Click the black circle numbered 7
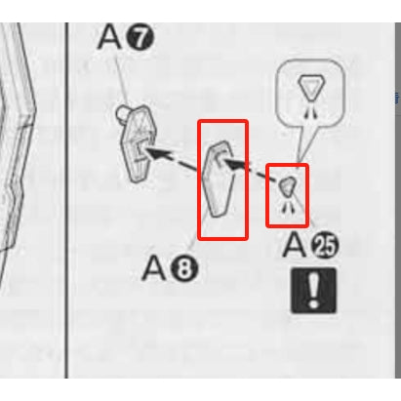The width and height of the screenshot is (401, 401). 140,37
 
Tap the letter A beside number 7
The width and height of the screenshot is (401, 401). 110,36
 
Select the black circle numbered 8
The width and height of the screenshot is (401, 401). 184,268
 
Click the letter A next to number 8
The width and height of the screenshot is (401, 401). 154,268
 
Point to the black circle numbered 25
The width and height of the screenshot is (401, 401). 325,246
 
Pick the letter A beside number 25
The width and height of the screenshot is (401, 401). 295,245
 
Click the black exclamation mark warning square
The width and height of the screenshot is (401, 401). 313,291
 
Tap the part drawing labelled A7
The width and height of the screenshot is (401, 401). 137,143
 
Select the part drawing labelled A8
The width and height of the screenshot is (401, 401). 218,179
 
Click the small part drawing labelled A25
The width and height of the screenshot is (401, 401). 288,186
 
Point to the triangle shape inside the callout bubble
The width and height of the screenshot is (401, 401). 310,87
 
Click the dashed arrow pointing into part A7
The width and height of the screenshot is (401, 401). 172,159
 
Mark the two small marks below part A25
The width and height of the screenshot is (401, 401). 288,207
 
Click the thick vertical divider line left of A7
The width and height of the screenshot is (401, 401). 66,200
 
